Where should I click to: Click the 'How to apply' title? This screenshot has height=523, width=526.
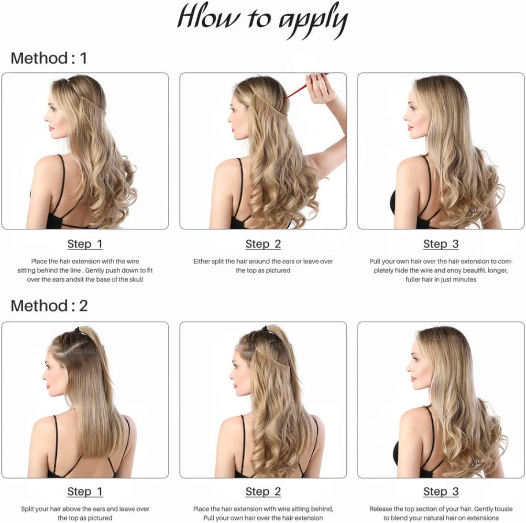pyautogui.click(x=263, y=21)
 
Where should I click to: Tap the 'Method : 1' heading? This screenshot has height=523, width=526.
pyautogui.click(x=49, y=58)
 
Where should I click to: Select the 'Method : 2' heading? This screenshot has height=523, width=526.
pyautogui.click(x=49, y=306)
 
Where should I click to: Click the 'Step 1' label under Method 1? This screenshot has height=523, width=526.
pyautogui.click(x=85, y=244)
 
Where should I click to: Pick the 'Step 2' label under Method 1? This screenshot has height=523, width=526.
pyautogui.click(x=263, y=244)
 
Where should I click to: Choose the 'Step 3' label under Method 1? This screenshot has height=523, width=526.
pyautogui.click(x=441, y=244)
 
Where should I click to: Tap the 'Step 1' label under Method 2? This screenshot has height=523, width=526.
pyautogui.click(x=85, y=492)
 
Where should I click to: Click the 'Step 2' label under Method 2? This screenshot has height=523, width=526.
pyautogui.click(x=263, y=492)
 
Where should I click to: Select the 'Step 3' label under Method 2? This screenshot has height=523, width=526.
pyautogui.click(x=441, y=492)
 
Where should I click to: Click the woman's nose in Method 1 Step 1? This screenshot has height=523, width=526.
pyautogui.click(x=46, y=118)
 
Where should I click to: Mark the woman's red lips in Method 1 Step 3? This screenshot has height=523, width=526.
pyautogui.click(x=410, y=128)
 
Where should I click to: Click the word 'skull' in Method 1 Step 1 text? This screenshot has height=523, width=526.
pyautogui.click(x=137, y=279)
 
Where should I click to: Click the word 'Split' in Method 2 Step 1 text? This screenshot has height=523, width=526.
pyautogui.click(x=28, y=509)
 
